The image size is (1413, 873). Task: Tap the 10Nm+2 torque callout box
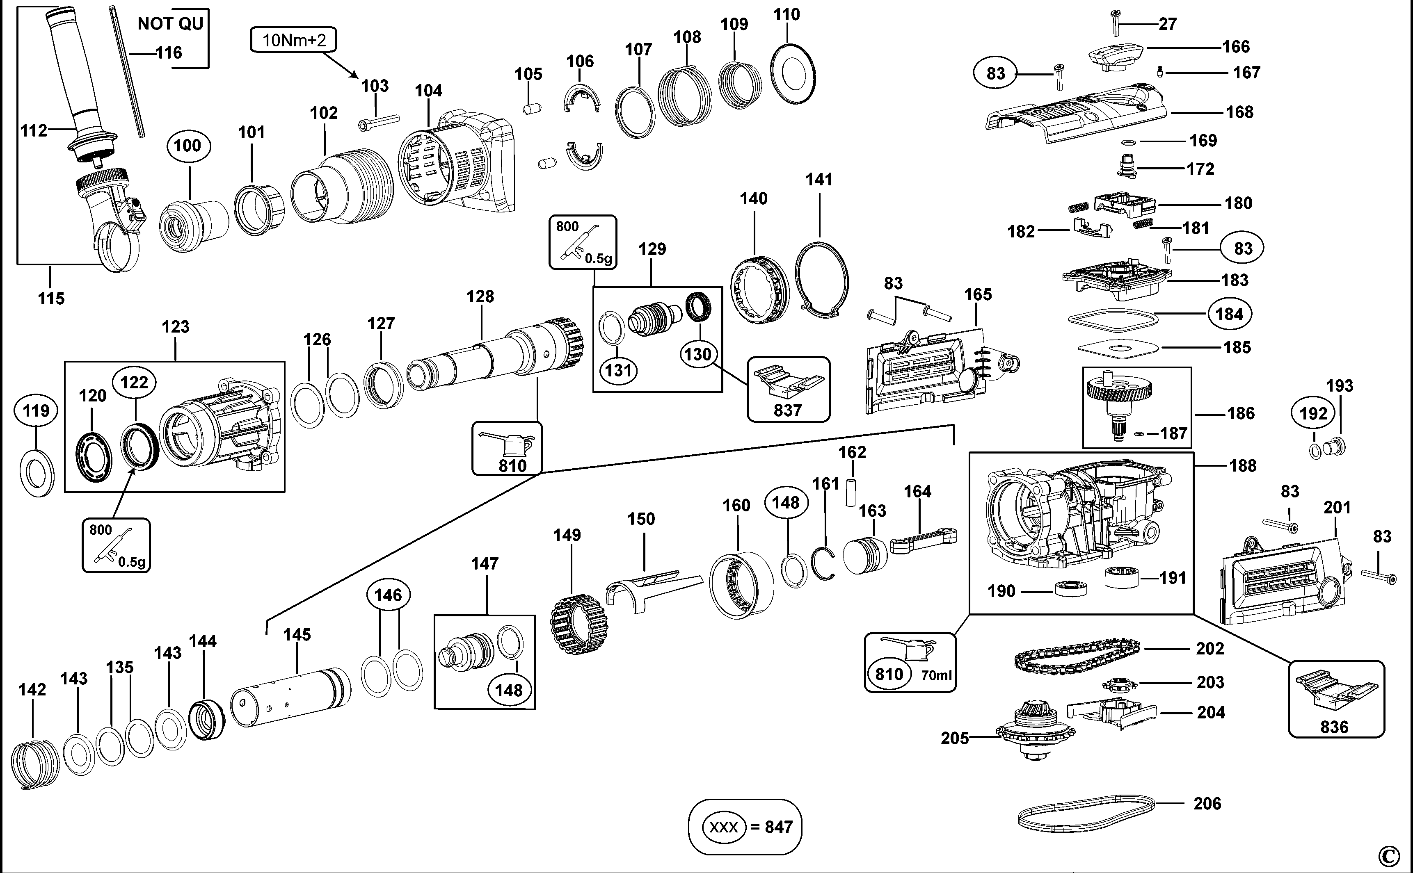coord(293,40)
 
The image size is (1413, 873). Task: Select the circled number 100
coord(188,146)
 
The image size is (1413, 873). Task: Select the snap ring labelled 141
coord(821,280)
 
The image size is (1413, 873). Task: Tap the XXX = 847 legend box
coord(745,827)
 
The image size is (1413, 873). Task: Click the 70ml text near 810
coord(935,675)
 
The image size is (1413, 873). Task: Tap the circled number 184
coord(1229,314)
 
